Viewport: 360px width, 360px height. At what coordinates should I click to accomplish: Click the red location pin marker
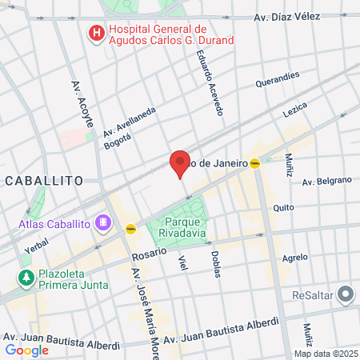click(x=180, y=163)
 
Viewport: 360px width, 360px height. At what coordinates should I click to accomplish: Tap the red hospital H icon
click(x=96, y=34)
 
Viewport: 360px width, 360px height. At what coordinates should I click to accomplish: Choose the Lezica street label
click(x=295, y=109)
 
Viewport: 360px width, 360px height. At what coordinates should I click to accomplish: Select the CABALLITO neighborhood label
click(x=44, y=181)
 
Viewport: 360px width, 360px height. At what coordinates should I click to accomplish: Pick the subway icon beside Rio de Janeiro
click(x=255, y=163)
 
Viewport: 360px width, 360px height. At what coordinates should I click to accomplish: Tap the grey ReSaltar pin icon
click(x=345, y=294)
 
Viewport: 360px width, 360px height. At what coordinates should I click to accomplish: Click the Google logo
click(x=26, y=350)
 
